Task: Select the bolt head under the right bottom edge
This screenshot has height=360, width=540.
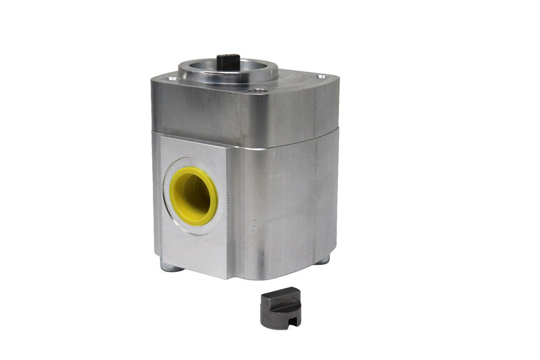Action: click(322, 260)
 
